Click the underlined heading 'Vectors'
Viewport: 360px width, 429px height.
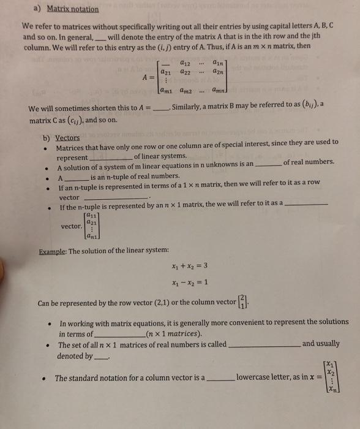[67, 138]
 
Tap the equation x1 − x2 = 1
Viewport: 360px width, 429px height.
[190, 283]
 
